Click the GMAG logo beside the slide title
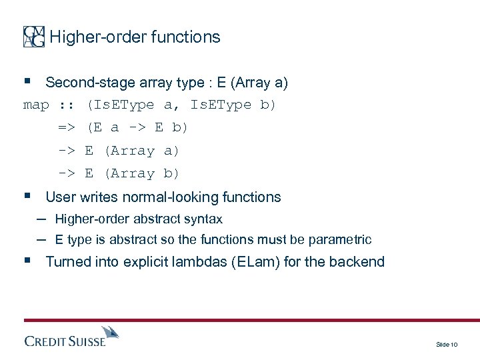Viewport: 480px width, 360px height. (34, 37)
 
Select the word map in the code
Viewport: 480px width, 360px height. (36, 105)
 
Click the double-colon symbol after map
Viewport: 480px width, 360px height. (65, 105)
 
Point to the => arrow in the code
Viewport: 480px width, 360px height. (66, 127)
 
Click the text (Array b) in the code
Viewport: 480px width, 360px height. (141, 173)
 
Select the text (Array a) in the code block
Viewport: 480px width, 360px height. (141, 151)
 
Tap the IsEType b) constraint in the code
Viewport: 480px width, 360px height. (233, 105)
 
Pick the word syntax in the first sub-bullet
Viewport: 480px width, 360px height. (205, 219)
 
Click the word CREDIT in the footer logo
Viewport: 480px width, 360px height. (47, 342)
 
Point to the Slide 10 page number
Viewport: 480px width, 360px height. (446, 344)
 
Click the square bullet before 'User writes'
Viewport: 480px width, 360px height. (27, 197)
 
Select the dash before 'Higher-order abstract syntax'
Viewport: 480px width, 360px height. (41, 219)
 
